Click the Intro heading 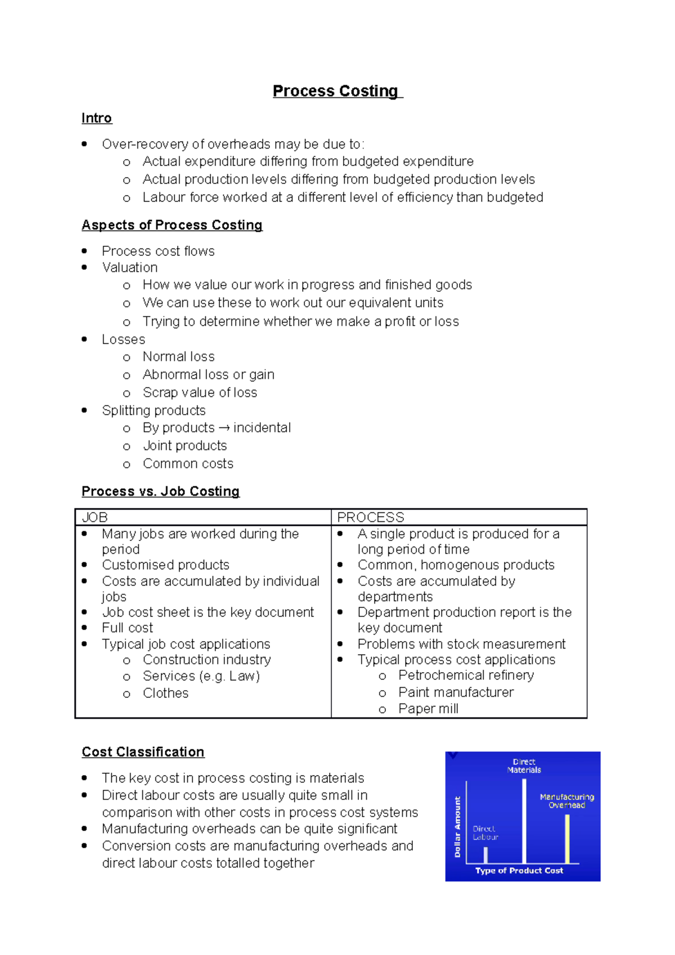(x=97, y=118)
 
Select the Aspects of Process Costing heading (x=172, y=225)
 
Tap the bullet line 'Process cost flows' (x=158, y=251)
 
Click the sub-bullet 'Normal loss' (x=178, y=357)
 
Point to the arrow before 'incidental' (x=224, y=428)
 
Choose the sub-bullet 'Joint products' (x=184, y=445)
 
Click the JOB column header (x=95, y=517)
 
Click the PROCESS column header (x=370, y=517)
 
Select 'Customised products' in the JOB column (x=165, y=565)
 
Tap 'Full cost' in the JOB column (x=127, y=628)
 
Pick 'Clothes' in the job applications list (x=165, y=693)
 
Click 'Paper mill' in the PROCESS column (x=428, y=709)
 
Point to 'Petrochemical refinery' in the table (x=466, y=675)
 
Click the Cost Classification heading (x=143, y=752)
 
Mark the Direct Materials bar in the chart (x=524, y=821)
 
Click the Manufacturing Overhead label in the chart (x=566, y=801)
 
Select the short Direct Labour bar (x=485, y=855)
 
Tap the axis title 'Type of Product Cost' (x=519, y=870)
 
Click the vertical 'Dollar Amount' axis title (x=457, y=827)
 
